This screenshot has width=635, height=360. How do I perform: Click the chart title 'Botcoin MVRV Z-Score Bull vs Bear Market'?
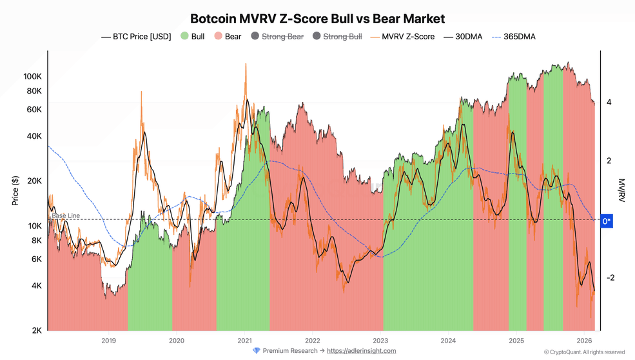click(x=317, y=19)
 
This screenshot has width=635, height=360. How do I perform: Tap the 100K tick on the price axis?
click(x=32, y=76)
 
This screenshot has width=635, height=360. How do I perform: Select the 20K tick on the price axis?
click(x=34, y=181)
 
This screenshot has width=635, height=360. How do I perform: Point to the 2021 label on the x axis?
click(x=244, y=340)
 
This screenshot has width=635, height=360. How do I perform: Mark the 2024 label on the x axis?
click(x=448, y=340)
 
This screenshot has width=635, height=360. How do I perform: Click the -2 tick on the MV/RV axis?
click(x=609, y=278)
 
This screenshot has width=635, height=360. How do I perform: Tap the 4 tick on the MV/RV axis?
click(x=609, y=103)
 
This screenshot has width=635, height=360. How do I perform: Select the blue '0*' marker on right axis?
click(x=606, y=221)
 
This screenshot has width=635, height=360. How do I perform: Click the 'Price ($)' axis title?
click(x=15, y=190)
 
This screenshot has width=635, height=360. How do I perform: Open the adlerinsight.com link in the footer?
click(x=361, y=351)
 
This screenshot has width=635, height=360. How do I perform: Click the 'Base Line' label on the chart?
click(x=66, y=215)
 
